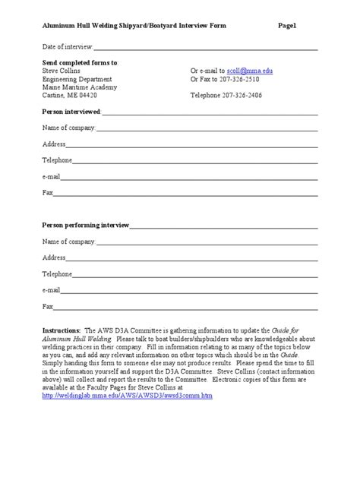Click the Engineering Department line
pyautogui.click(x=77, y=78)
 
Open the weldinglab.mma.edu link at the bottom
pyautogui.click(x=128, y=396)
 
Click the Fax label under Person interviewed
pyautogui.click(x=48, y=193)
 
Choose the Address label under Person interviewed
pyautogui.click(x=54, y=144)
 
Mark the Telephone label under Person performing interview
pyautogui.click(x=57, y=274)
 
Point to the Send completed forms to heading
pyautogui.click(x=81, y=62)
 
